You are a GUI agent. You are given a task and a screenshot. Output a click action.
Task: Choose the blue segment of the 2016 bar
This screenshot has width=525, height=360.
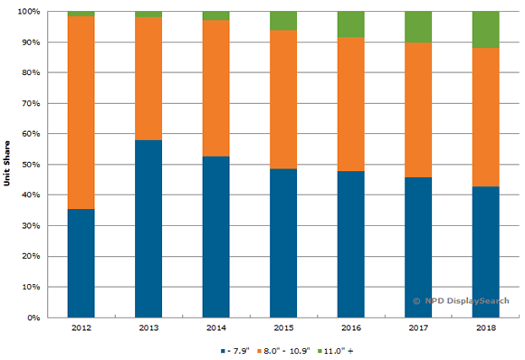tap(349, 244)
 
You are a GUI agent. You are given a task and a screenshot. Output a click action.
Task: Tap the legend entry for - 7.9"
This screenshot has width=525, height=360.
tap(234, 349)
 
